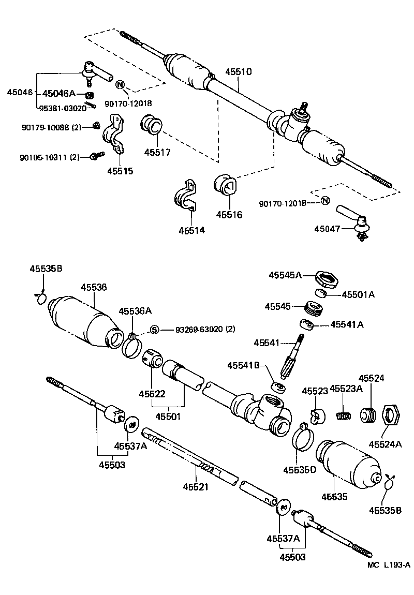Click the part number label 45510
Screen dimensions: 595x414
[x=238, y=72]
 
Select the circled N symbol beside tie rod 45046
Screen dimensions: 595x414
[x=120, y=85]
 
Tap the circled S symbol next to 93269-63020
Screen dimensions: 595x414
[x=154, y=330]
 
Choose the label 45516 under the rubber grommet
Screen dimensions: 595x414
[x=229, y=214]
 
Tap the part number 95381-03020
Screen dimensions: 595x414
[x=63, y=109]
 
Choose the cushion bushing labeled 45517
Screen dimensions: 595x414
[x=152, y=127]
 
